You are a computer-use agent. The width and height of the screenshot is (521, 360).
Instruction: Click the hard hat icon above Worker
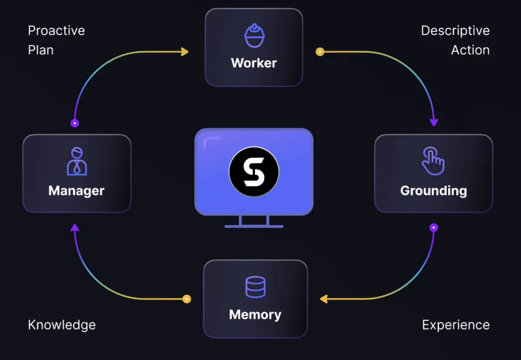point(254,35)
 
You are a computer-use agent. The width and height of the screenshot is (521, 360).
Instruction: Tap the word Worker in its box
point(254,63)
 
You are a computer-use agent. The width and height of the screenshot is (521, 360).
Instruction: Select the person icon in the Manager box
point(77,161)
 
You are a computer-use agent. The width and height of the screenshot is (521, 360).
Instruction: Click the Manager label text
point(76,191)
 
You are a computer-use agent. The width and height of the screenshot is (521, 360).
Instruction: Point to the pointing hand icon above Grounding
point(433,161)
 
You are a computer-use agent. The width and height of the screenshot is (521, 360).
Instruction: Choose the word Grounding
point(433,191)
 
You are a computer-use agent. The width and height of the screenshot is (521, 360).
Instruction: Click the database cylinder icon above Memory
point(255,287)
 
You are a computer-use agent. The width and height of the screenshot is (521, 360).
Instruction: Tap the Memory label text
point(255,315)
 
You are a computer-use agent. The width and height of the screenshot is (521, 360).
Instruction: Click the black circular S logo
point(254,172)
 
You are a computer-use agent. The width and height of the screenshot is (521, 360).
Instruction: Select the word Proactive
point(57,30)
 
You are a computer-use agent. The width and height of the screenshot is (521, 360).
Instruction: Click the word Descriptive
point(455,30)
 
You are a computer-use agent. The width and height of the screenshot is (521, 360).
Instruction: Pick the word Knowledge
point(62,325)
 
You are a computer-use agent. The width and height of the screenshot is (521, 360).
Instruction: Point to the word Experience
point(456,325)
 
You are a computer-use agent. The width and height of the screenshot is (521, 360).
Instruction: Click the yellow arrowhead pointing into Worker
point(185,52)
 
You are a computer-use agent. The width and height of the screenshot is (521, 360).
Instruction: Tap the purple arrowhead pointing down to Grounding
point(433,122)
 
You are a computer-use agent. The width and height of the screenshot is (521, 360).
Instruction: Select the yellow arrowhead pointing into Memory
point(324,299)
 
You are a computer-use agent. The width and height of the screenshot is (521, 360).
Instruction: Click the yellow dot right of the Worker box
point(320,52)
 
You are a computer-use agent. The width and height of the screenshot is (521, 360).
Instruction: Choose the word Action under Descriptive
point(470,50)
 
